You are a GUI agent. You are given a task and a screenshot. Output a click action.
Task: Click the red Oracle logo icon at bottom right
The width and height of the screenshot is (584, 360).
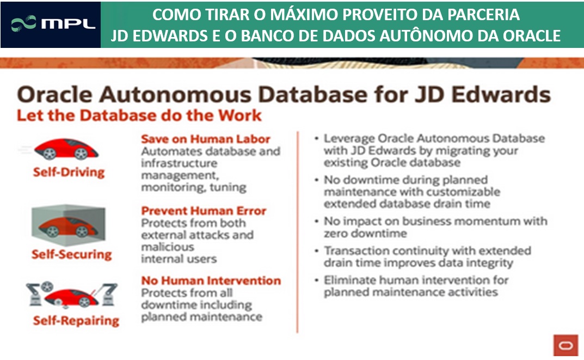(x=565, y=345)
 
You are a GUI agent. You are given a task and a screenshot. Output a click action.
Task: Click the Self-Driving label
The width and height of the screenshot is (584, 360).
(x=68, y=173)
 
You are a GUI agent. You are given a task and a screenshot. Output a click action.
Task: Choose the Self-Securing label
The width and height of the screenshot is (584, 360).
(x=71, y=254)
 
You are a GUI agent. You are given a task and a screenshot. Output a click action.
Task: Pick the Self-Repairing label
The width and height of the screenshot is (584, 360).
(x=76, y=321)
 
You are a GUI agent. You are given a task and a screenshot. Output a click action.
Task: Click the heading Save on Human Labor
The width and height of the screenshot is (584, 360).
(x=206, y=139)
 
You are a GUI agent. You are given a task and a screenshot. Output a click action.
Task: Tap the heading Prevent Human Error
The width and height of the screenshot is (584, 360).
(x=204, y=211)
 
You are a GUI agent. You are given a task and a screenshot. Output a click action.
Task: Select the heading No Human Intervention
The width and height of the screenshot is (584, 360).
(x=211, y=281)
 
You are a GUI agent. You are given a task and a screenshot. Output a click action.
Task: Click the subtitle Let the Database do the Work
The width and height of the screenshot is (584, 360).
(x=139, y=116)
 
